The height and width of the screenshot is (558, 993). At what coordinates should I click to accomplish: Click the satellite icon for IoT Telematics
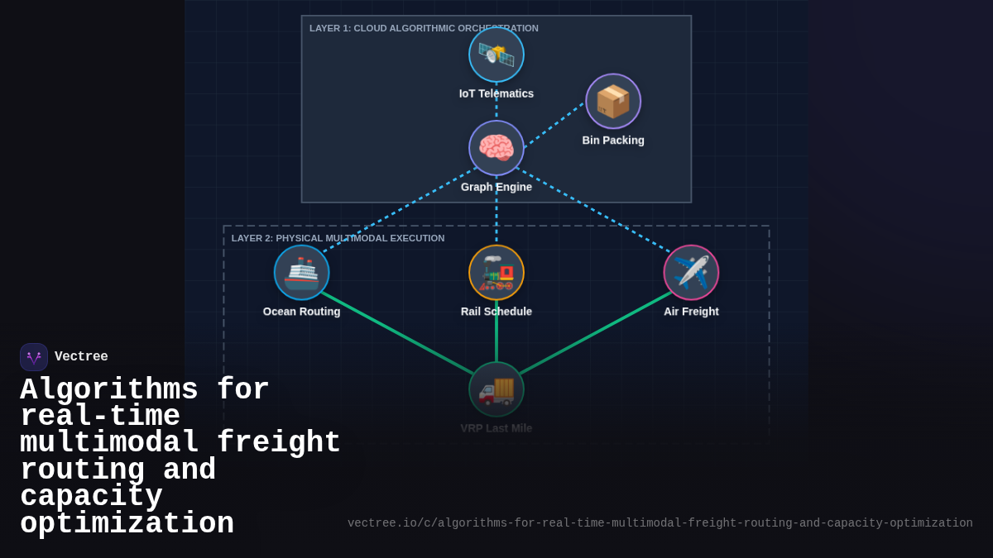496,55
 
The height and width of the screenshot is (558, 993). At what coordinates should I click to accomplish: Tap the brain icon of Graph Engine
496,148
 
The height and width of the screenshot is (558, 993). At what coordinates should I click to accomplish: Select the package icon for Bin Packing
613,101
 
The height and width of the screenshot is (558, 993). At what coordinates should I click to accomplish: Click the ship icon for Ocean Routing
301,272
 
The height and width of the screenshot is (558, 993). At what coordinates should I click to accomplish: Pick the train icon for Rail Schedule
496,272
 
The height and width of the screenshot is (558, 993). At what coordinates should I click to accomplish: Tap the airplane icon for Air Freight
691,272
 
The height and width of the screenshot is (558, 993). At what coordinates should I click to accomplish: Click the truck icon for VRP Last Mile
496,389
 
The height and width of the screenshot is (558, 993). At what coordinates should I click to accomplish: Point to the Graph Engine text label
496,187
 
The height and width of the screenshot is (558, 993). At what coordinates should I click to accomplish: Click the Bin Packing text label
613,141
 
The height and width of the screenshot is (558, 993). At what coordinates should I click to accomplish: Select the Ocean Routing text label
301,312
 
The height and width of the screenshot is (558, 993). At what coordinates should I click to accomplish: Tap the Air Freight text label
691,312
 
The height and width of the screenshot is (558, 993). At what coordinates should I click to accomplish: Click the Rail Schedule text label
496,312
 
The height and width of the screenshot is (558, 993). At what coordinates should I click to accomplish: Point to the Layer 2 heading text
338,238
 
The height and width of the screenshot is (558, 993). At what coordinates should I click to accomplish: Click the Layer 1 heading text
424,28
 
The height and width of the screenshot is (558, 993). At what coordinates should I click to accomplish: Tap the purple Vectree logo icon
34,357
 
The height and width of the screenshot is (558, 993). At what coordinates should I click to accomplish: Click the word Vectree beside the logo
81,357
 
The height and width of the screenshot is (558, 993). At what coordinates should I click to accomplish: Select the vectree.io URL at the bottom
660,523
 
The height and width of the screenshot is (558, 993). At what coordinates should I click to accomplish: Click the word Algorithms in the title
109,390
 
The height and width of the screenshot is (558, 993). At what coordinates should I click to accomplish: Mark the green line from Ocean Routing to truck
397,332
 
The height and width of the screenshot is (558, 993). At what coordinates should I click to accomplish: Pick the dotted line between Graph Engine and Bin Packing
554,125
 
